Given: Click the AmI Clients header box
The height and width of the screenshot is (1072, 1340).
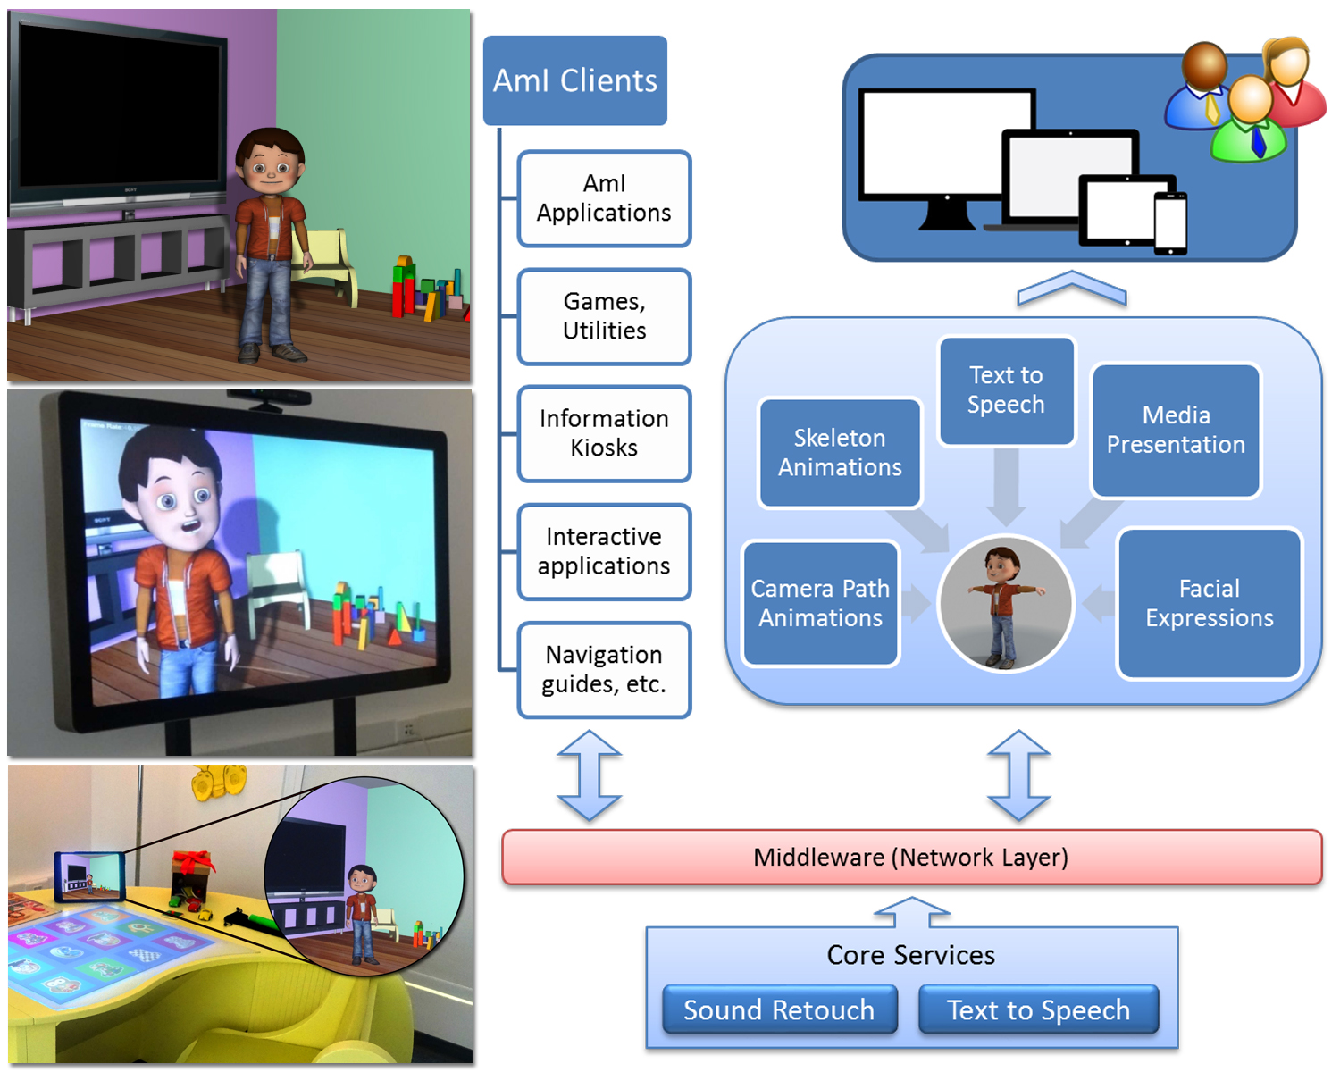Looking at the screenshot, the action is [x=574, y=80].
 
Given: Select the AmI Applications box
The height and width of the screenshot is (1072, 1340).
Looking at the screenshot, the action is [x=604, y=198].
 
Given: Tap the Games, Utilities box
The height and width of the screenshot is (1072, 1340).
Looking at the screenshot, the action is [x=604, y=316].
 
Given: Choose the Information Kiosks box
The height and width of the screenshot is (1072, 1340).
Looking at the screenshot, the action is [x=604, y=433].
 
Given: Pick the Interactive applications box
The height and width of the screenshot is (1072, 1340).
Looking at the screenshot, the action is [x=604, y=551].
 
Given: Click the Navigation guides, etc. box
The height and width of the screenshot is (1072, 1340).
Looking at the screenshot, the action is [x=604, y=670].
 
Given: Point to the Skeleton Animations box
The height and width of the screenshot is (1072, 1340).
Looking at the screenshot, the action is [x=840, y=453].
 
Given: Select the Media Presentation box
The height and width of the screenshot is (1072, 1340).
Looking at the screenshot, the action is [x=1177, y=431].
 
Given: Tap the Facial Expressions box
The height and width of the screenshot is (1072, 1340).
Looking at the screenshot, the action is [x=1210, y=603].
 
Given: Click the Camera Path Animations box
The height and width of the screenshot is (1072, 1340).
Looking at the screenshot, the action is [x=820, y=603].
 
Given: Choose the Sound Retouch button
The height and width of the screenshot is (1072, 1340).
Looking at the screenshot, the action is [x=779, y=1009].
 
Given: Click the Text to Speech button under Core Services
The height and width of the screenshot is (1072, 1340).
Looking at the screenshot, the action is [x=1039, y=1009].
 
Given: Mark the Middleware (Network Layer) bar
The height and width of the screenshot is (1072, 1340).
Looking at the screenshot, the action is [x=911, y=857].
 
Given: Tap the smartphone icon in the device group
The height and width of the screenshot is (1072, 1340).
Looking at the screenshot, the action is [x=1170, y=223].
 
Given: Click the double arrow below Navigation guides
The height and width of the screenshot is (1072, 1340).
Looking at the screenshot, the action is [x=589, y=775].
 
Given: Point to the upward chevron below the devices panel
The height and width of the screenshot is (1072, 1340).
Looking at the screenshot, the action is [x=1072, y=287].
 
